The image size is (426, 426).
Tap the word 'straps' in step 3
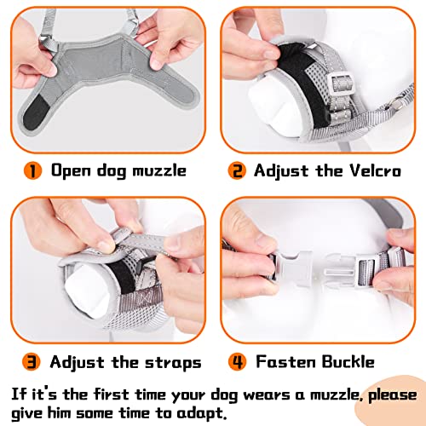point(170,362)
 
